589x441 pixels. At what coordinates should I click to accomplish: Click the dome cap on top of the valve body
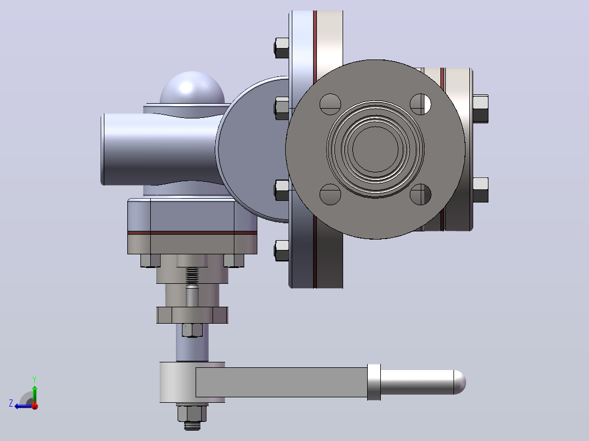(x=192, y=88)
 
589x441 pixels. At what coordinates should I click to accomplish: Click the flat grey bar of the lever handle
(x=281, y=382)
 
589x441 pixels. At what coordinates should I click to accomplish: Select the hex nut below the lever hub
(x=192, y=413)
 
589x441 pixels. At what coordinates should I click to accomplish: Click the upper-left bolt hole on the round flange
(x=330, y=104)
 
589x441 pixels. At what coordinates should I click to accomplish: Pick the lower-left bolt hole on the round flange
(x=330, y=194)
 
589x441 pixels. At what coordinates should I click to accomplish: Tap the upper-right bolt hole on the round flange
(x=420, y=104)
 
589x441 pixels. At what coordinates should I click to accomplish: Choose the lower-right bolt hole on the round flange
(x=420, y=194)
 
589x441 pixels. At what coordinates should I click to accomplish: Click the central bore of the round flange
(x=375, y=149)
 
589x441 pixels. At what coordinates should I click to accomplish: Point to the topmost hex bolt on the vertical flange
(x=281, y=47)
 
